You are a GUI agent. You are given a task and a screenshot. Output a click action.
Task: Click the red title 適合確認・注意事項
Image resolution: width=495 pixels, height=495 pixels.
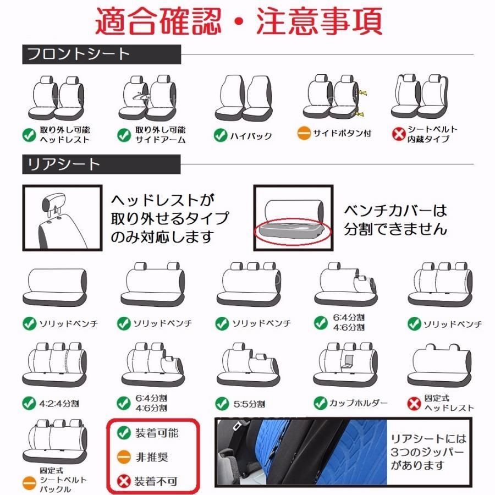(239, 21)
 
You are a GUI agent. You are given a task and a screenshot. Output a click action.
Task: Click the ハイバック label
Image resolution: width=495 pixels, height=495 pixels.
(251, 135)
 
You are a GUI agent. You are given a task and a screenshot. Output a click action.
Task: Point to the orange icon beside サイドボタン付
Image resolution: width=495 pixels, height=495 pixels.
(304, 134)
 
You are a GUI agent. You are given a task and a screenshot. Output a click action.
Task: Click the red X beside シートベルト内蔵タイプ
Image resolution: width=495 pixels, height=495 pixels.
(399, 134)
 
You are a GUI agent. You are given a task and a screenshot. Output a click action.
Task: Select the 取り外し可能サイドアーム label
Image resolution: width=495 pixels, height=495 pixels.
(161, 135)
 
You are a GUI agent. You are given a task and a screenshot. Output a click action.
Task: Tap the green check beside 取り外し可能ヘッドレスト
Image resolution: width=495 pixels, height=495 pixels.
(29, 134)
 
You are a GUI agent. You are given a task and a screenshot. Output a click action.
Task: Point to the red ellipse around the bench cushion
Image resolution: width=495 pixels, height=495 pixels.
(293, 232)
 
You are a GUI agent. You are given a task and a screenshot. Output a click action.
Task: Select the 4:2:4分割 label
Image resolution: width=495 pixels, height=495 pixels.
(59, 403)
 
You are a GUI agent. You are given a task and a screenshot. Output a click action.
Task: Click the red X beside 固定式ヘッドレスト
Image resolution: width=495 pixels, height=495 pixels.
(414, 403)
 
